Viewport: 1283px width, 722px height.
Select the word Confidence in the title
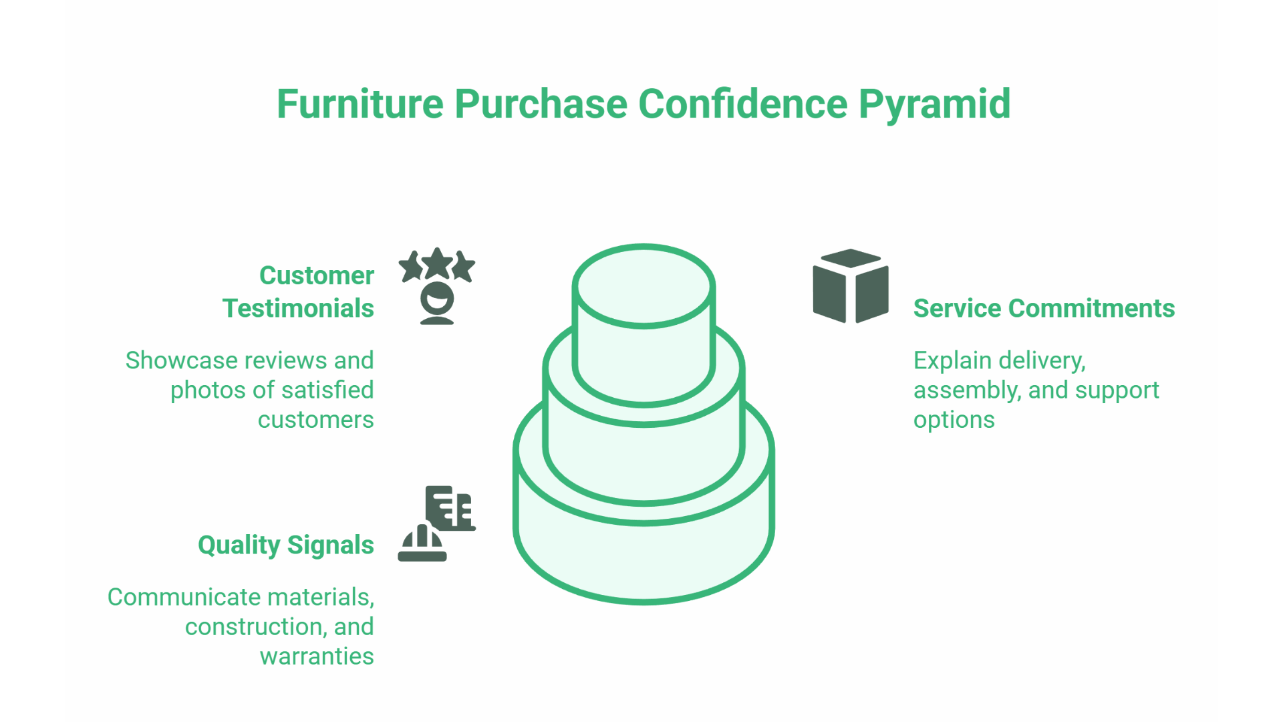[x=742, y=105]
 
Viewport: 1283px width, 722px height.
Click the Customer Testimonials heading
[x=298, y=292]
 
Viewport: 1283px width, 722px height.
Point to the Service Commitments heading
[x=1044, y=308]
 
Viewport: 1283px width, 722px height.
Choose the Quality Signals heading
[x=285, y=545]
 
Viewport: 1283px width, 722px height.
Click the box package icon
[x=851, y=286]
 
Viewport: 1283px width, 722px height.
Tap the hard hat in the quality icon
[x=422, y=544]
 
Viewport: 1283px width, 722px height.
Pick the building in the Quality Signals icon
[x=450, y=508]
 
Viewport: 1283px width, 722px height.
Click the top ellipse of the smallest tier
[x=644, y=286]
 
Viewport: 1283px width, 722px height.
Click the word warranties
[x=317, y=656]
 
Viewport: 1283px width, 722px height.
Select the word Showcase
[x=181, y=361]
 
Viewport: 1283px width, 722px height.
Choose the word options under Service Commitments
[x=954, y=420]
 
